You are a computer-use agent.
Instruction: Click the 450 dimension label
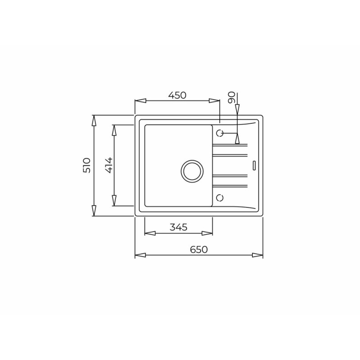coord(177,95)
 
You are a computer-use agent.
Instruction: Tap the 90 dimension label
coord(231,97)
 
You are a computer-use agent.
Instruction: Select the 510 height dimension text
coord(87,165)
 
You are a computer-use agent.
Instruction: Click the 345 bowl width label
coord(179,227)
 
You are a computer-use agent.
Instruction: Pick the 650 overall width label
coord(199,249)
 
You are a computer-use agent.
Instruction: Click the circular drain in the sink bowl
coord(192,171)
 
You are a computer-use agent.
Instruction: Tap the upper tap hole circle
coord(220,133)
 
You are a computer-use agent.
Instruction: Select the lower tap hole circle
coord(220,198)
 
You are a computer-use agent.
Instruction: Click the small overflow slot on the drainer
coord(254,166)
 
